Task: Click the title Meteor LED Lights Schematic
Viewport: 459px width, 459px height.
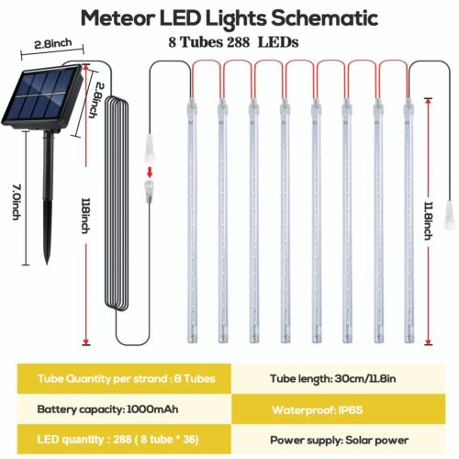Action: click(229, 19)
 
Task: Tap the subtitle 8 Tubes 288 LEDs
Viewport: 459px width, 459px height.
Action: click(233, 42)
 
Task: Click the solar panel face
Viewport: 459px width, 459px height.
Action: click(40, 95)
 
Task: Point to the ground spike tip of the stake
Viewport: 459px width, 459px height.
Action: click(47, 263)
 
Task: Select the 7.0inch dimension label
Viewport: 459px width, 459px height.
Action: click(17, 201)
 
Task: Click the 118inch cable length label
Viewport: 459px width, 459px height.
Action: click(86, 216)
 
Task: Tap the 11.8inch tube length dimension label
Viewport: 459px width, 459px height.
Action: click(429, 220)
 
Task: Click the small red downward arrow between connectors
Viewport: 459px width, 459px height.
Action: click(150, 172)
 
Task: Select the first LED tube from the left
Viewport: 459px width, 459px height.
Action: click(192, 220)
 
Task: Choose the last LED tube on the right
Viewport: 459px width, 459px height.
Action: click(409, 220)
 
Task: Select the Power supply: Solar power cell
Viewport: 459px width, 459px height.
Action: click(338, 440)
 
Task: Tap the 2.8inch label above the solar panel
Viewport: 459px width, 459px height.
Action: click(53, 44)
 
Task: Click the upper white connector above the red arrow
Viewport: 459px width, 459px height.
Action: click(150, 149)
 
